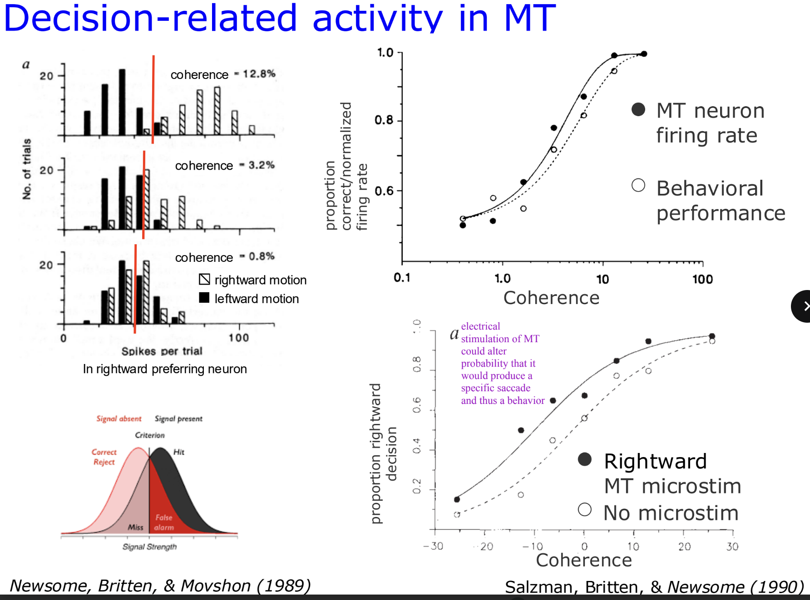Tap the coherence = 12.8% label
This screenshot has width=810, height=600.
tap(222, 74)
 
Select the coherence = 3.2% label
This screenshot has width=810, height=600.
tap(225, 166)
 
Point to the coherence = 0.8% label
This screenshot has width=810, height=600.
tap(225, 257)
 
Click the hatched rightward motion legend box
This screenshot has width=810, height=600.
tap(204, 280)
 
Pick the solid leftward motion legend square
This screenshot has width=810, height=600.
tap(204, 298)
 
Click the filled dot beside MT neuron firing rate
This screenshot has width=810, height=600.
tap(638, 109)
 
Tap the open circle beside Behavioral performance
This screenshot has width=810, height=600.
tap(638, 185)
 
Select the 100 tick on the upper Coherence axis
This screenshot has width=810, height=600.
tap(702, 279)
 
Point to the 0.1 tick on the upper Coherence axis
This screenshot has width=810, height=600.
tap(402, 278)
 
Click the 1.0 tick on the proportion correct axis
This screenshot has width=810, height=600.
tap(385, 53)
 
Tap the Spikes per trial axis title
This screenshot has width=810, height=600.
tap(162, 351)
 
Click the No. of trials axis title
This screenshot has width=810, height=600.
tap(27, 169)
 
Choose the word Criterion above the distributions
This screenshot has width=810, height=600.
tap(150, 435)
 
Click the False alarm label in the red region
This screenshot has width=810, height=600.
tap(164, 522)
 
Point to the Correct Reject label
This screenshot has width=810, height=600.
tap(104, 457)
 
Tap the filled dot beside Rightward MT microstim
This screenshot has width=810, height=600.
tap(585, 459)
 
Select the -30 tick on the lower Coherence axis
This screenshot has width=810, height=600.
tap(433, 546)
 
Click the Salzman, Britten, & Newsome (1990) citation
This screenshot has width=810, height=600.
tap(654, 587)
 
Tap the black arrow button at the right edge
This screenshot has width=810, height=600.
tap(803, 306)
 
